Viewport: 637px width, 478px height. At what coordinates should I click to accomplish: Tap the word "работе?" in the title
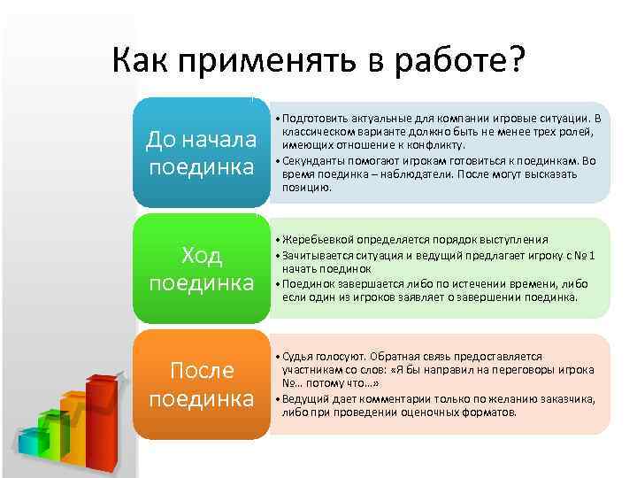pos(459,61)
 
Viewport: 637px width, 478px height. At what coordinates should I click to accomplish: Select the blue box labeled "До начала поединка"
pos(201,153)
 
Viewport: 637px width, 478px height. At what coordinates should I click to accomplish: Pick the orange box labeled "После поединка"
pos(201,384)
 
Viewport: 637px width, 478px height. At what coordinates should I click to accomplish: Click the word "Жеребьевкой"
pos(316,240)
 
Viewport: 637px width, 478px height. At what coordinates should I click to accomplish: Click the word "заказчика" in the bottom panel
pos(560,398)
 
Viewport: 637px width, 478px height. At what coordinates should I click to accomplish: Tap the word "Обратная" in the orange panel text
pos(395,355)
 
